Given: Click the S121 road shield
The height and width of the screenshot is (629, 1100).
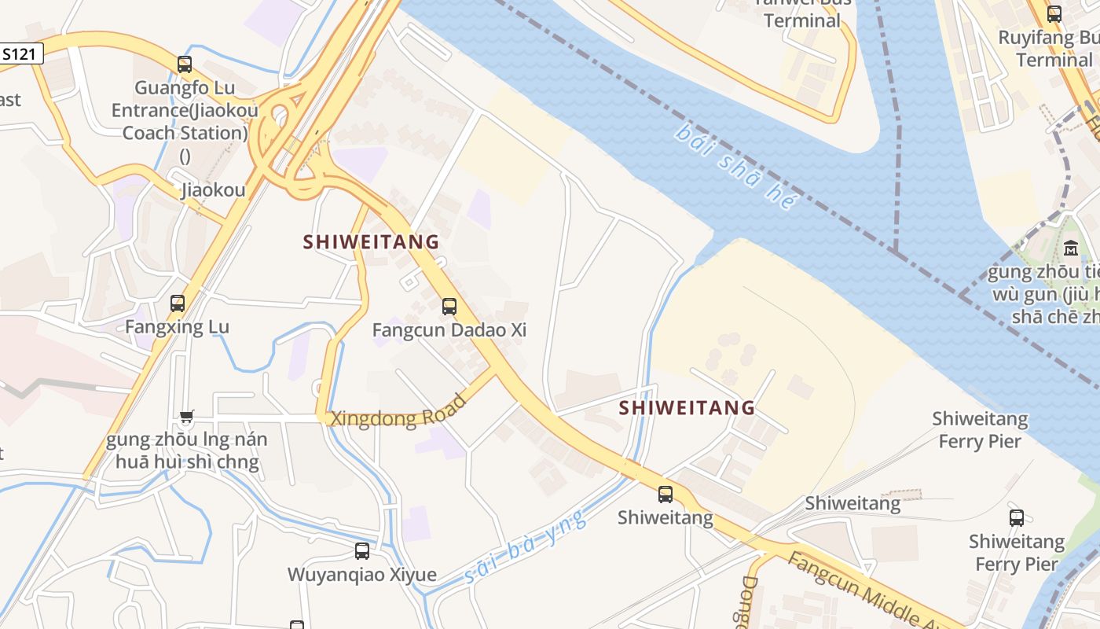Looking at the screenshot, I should [19, 54].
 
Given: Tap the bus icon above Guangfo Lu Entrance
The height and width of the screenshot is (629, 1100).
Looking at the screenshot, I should [185, 64].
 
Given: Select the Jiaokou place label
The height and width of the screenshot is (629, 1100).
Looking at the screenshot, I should [213, 189].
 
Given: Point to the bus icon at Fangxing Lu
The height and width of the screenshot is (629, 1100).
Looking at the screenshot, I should [178, 303].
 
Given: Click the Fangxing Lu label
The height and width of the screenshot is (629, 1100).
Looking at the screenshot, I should [178, 326].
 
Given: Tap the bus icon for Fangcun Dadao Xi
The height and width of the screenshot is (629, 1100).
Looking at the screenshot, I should [449, 307].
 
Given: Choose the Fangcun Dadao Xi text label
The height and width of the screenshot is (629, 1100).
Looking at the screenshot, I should [449, 330].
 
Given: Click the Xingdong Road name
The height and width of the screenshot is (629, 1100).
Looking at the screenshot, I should [399, 412].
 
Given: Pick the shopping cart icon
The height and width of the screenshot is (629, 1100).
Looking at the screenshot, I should [186, 417].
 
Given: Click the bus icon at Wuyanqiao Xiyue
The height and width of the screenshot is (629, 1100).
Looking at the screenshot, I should [362, 551].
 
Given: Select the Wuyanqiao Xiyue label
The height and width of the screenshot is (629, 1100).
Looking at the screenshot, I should [362, 575].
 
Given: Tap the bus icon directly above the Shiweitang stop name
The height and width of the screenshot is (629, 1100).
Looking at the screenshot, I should [665, 495].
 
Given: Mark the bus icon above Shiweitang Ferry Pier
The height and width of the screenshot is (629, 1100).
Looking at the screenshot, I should [1017, 518].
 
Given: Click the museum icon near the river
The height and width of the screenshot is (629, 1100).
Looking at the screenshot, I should [1070, 249].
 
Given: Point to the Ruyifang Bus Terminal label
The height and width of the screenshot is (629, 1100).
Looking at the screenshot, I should [1045, 49].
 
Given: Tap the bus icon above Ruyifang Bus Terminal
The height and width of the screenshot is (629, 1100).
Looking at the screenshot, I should [1054, 13].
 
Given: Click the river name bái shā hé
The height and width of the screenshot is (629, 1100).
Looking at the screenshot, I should [735, 165].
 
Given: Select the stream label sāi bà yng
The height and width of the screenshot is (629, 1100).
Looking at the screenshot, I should [526, 547].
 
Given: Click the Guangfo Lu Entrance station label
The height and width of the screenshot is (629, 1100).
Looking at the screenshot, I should [185, 110].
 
